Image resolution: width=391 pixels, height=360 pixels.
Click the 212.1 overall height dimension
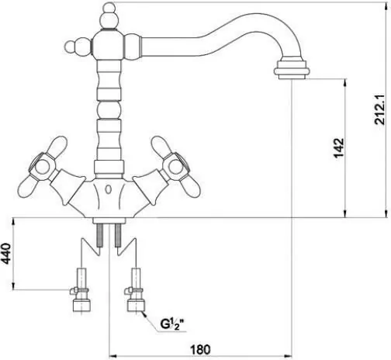coord(380,109)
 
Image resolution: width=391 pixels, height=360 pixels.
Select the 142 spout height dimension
coord(339,148)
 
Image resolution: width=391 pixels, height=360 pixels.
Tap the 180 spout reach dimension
coord(200,350)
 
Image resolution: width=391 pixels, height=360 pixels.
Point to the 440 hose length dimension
coord(6,254)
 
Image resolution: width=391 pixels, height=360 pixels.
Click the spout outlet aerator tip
coord(292,70)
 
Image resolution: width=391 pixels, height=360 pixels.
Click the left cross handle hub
coord(41,168)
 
